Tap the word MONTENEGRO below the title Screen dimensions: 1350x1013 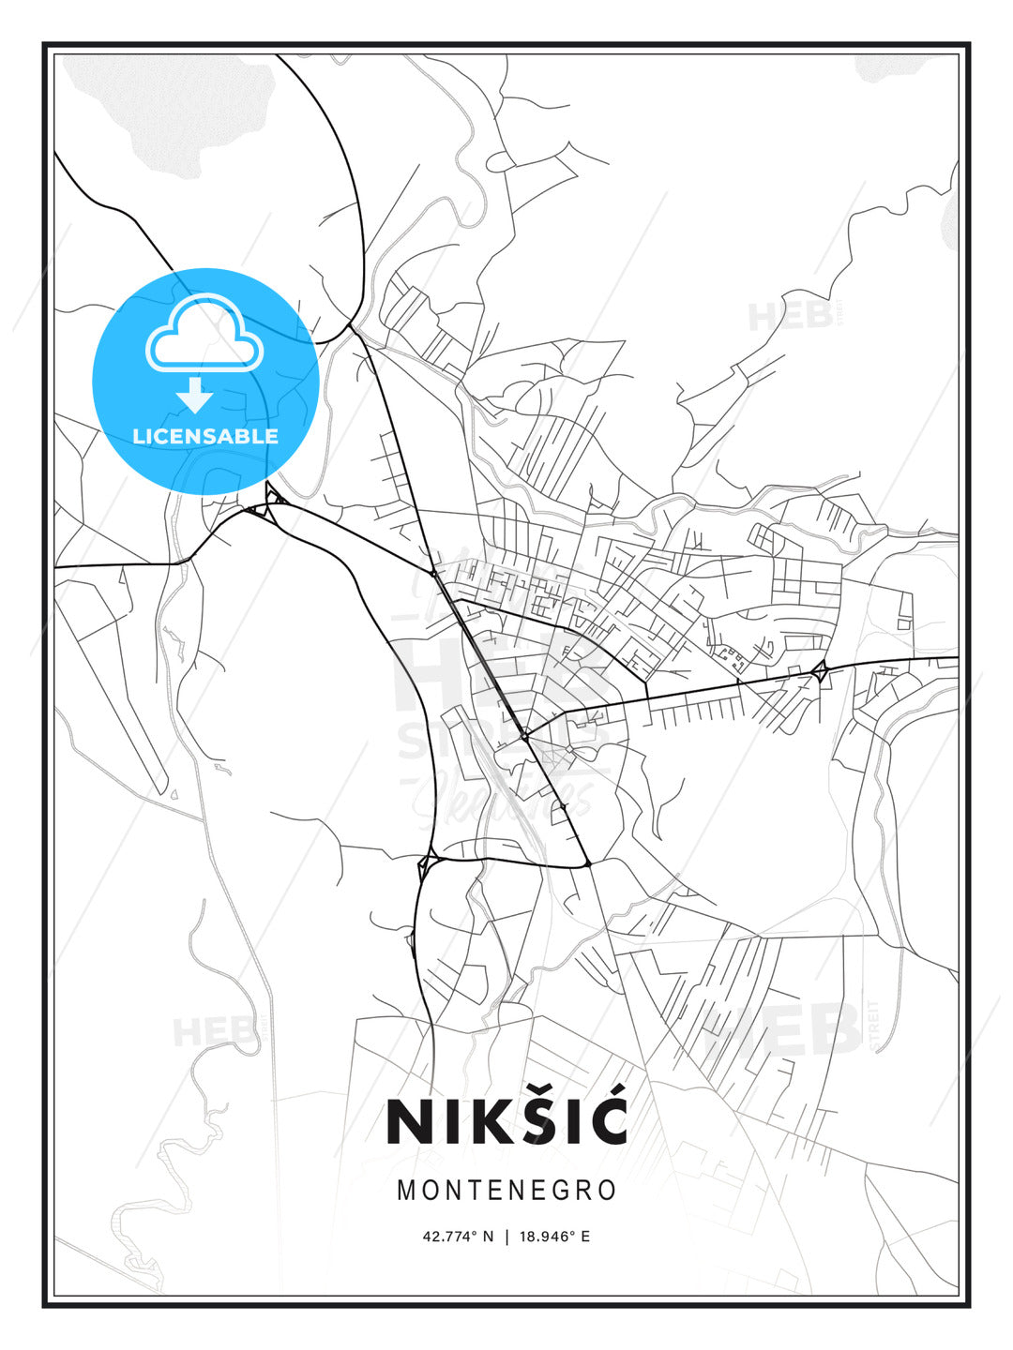pyautogui.click(x=506, y=1191)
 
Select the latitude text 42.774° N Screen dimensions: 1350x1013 pyautogui.click(x=458, y=1237)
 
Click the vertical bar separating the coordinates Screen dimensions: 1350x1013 pyautogui.click(x=506, y=1237)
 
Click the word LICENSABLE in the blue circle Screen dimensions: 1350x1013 pyautogui.click(x=205, y=436)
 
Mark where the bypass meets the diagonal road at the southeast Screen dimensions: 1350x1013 pyautogui.click(x=587, y=863)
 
